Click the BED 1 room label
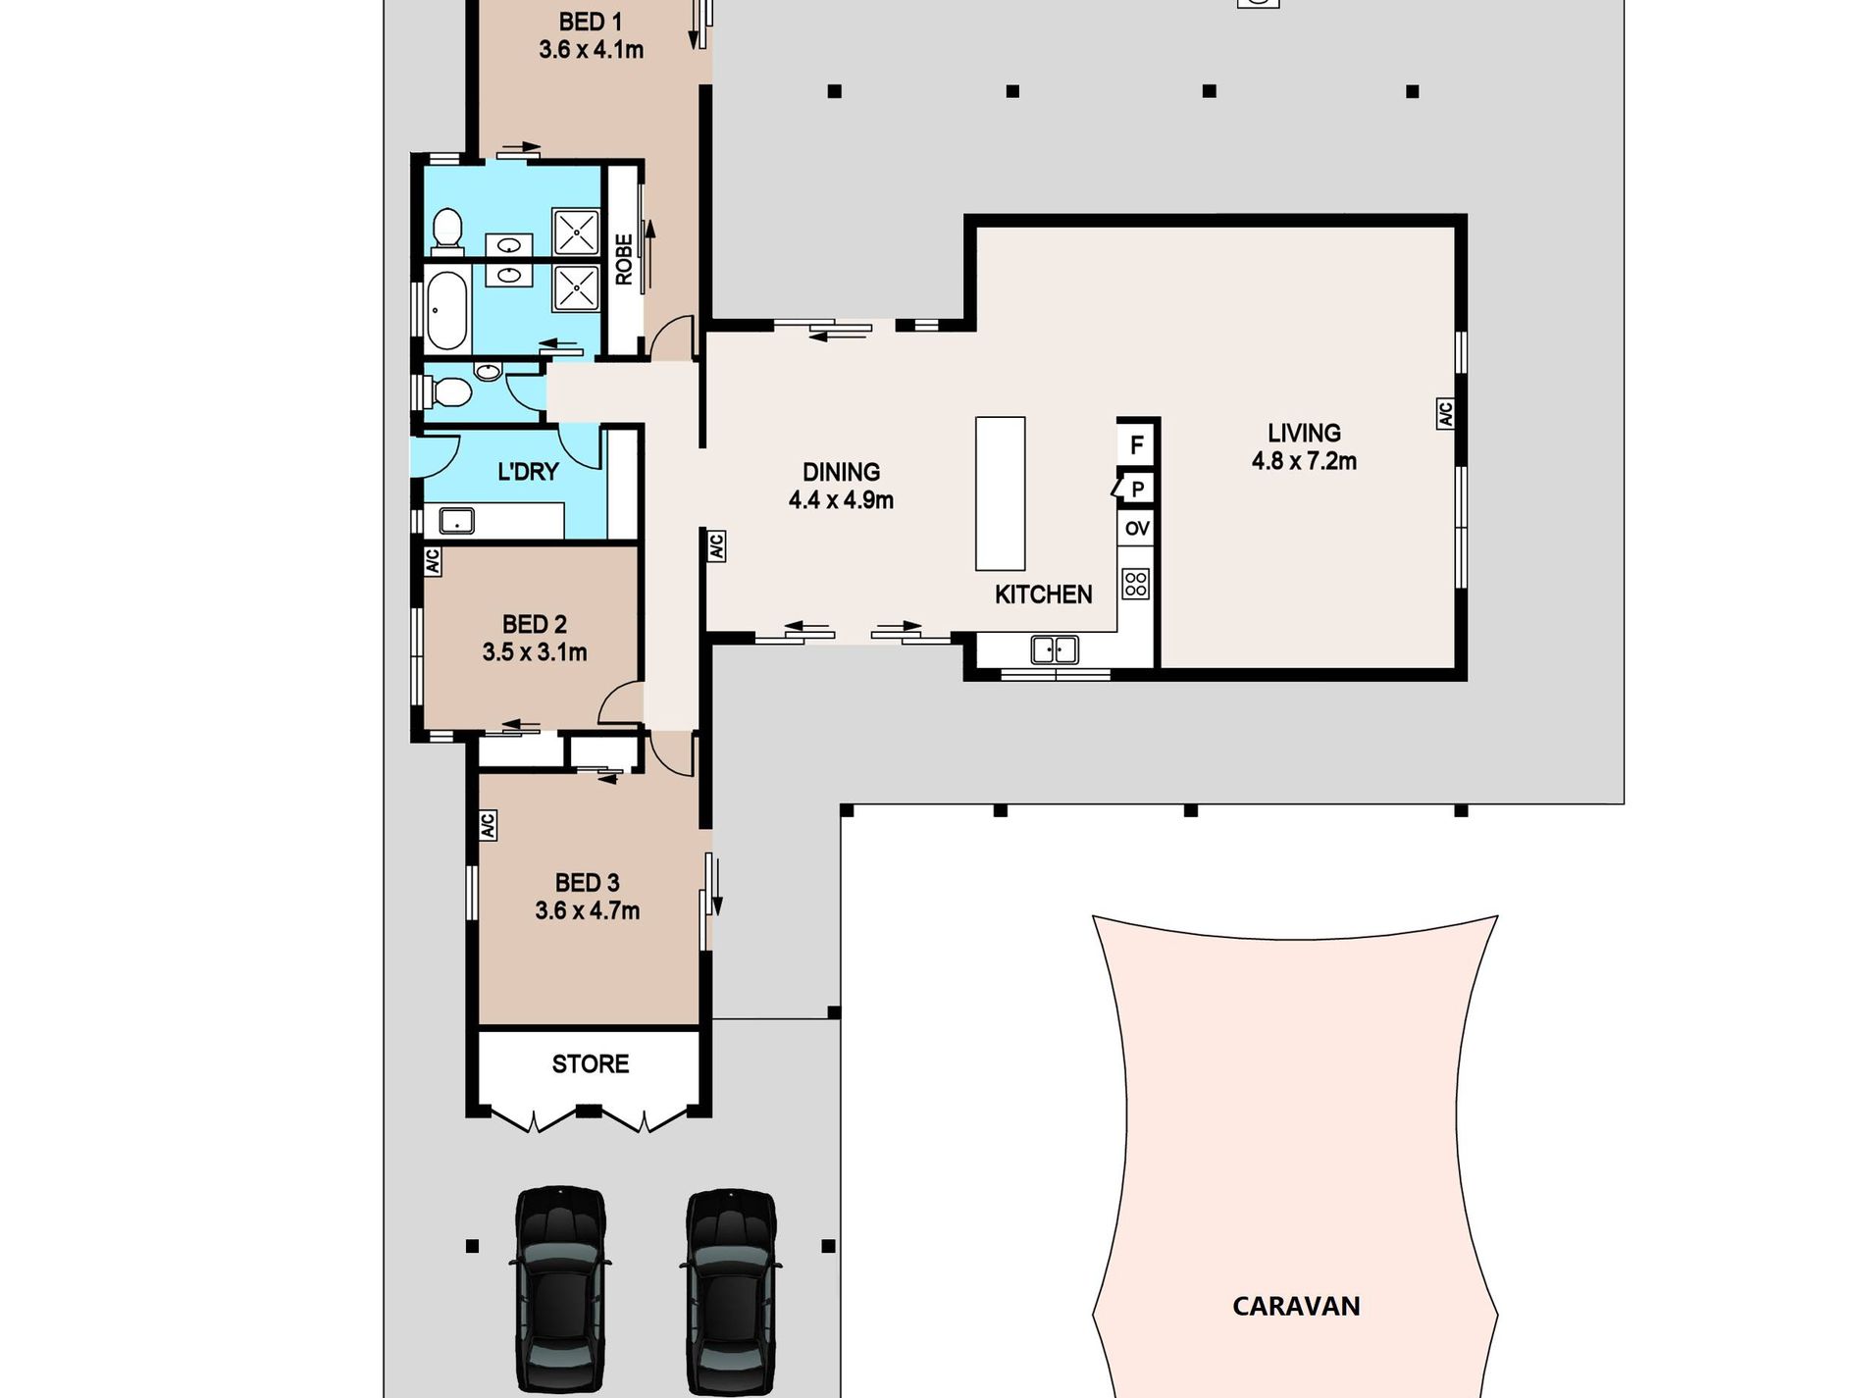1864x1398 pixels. coord(590,22)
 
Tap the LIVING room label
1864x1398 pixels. coord(1304,433)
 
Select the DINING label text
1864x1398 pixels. coord(841,472)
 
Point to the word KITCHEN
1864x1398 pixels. coord(1043,595)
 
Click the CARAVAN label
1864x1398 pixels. coord(1296,1306)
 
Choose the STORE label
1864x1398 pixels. coord(590,1063)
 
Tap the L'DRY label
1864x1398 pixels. coord(528,472)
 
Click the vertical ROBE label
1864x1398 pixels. coord(624,259)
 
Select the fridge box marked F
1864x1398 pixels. coord(1136,444)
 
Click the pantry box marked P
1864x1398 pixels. coord(1137,489)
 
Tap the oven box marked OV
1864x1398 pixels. coord(1136,529)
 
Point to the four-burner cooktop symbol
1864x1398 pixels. coord(1136,585)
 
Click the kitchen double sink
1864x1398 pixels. coord(1054,649)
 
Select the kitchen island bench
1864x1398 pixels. coord(1000,493)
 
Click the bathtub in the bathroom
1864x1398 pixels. coord(447,311)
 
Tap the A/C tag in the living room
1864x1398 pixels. coord(1445,413)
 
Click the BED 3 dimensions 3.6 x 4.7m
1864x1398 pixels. coord(587,910)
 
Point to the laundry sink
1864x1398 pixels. coord(456,520)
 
